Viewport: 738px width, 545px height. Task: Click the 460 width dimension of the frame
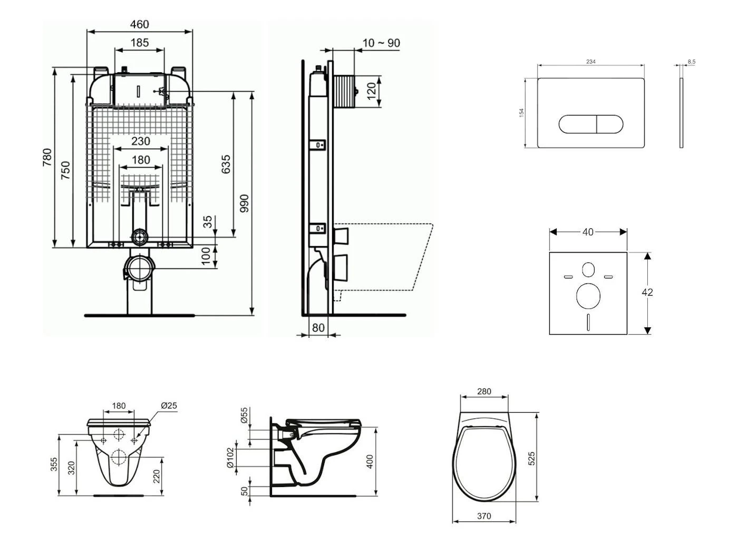click(x=139, y=24)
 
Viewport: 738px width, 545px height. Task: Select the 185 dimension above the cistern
click(x=139, y=43)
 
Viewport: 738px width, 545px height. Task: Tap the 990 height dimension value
click(x=244, y=203)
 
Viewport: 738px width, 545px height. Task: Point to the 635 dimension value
click(x=226, y=164)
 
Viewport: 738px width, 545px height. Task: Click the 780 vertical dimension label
click(x=47, y=157)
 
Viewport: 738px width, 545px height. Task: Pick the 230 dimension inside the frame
click(x=140, y=141)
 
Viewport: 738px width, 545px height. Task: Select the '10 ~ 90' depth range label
click(x=382, y=43)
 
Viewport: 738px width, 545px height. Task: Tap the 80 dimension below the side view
click(x=318, y=328)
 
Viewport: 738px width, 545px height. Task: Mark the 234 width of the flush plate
click(x=591, y=62)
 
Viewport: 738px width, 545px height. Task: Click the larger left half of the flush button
click(x=577, y=124)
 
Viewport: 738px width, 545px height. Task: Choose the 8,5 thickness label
click(x=691, y=62)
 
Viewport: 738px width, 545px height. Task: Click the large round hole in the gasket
click(x=588, y=296)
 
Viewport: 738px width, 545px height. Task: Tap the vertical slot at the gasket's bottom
click(x=588, y=322)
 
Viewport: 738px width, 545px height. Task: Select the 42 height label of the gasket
click(x=647, y=292)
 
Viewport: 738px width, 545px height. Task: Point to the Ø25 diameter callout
click(x=169, y=406)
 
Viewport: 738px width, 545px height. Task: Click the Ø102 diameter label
click(x=230, y=459)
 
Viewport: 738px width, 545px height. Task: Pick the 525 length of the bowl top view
click(x=531, y=458)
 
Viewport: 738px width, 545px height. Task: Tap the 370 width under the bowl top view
click(x=484, y=516)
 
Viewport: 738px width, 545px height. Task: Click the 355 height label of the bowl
click(x=54, y=464)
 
